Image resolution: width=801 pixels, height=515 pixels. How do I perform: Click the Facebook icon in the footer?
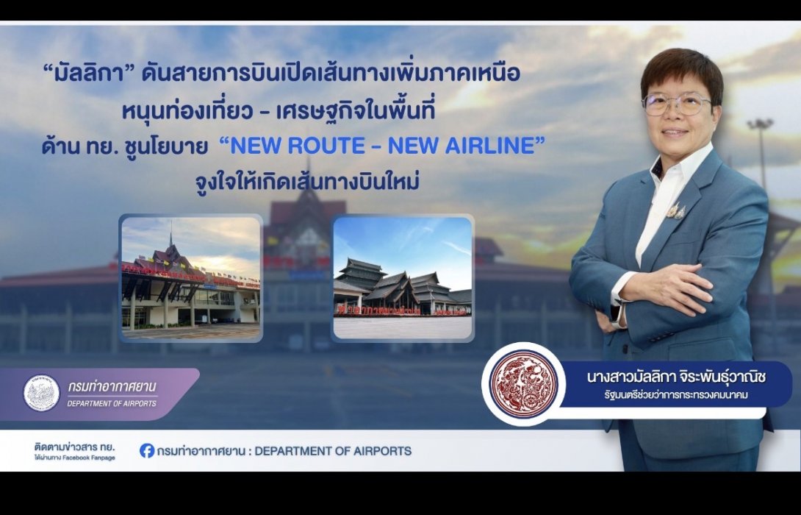[x=147, y=450]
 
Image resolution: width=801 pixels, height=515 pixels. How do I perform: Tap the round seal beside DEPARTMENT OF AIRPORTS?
[x=42, y=393]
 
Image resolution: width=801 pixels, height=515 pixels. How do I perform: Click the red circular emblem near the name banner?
[x=524, y=383]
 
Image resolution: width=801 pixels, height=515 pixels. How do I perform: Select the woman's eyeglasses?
[x=676, y=104]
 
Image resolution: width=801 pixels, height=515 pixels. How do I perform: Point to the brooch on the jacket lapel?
[x=676, y=211]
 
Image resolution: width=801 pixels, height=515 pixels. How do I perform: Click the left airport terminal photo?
[x=191, y=278]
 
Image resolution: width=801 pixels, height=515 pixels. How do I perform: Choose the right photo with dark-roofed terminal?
[x=403, y=278]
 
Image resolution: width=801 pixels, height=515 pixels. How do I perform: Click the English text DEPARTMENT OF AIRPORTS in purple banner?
[x=112, y=403]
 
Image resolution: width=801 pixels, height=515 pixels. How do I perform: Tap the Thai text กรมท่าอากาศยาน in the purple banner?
[x=112, y=387]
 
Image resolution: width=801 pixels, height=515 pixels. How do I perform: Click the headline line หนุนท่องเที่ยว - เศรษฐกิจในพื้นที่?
[x=290, y=111]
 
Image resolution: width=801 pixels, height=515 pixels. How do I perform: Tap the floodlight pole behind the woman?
[x=761, y=154]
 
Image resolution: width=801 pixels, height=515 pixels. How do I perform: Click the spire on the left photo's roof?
[x=170, y=237]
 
